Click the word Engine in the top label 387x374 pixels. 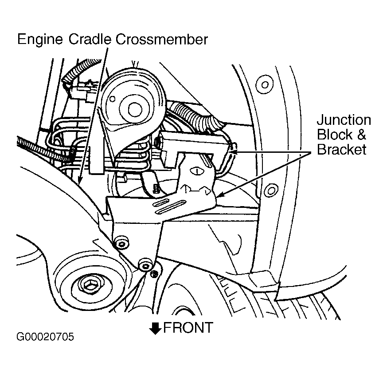(x=40, y=40)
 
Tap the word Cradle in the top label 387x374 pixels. (x=90, y=40)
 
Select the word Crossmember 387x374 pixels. (x=162, y=40)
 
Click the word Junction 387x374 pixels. (x=344, y=120)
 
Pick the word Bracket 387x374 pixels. (x=342, y=149)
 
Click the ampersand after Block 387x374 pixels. (x=361, y=135)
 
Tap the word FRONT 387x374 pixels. (x=188, y=328)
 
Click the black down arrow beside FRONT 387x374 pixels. (x=155, y=328)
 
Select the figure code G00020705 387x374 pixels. (x=45, y=337)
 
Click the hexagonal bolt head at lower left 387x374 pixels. (x=89, y=286)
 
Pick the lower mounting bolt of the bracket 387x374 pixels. (x=145, y=265)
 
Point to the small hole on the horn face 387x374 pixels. (x=112, y=99)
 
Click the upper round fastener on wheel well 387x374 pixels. (x=265, y=84)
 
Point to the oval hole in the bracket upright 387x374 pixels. (x=196, y=171)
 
